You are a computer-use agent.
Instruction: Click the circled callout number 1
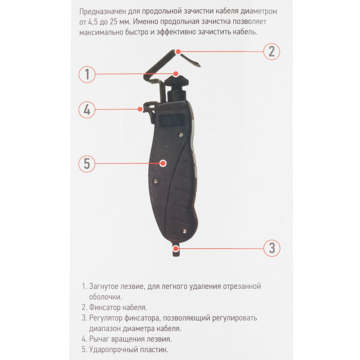coord(87,74)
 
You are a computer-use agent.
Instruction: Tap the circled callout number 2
coord(271,51)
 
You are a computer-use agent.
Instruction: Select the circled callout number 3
coord(271,248)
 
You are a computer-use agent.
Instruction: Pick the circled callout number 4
coord(87,110)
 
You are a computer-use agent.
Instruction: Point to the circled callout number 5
coord(87,164)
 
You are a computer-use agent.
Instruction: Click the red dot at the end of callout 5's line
coord(163,163)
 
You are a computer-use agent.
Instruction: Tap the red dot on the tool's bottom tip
coord(176,248)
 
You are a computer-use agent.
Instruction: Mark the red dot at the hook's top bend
coord(178,52)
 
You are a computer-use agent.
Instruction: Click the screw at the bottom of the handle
coord(184,231)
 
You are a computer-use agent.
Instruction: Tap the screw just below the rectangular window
coord(181,135)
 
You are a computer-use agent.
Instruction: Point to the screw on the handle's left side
coord(156,181)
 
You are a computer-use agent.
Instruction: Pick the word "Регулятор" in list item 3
coord(105,318)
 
